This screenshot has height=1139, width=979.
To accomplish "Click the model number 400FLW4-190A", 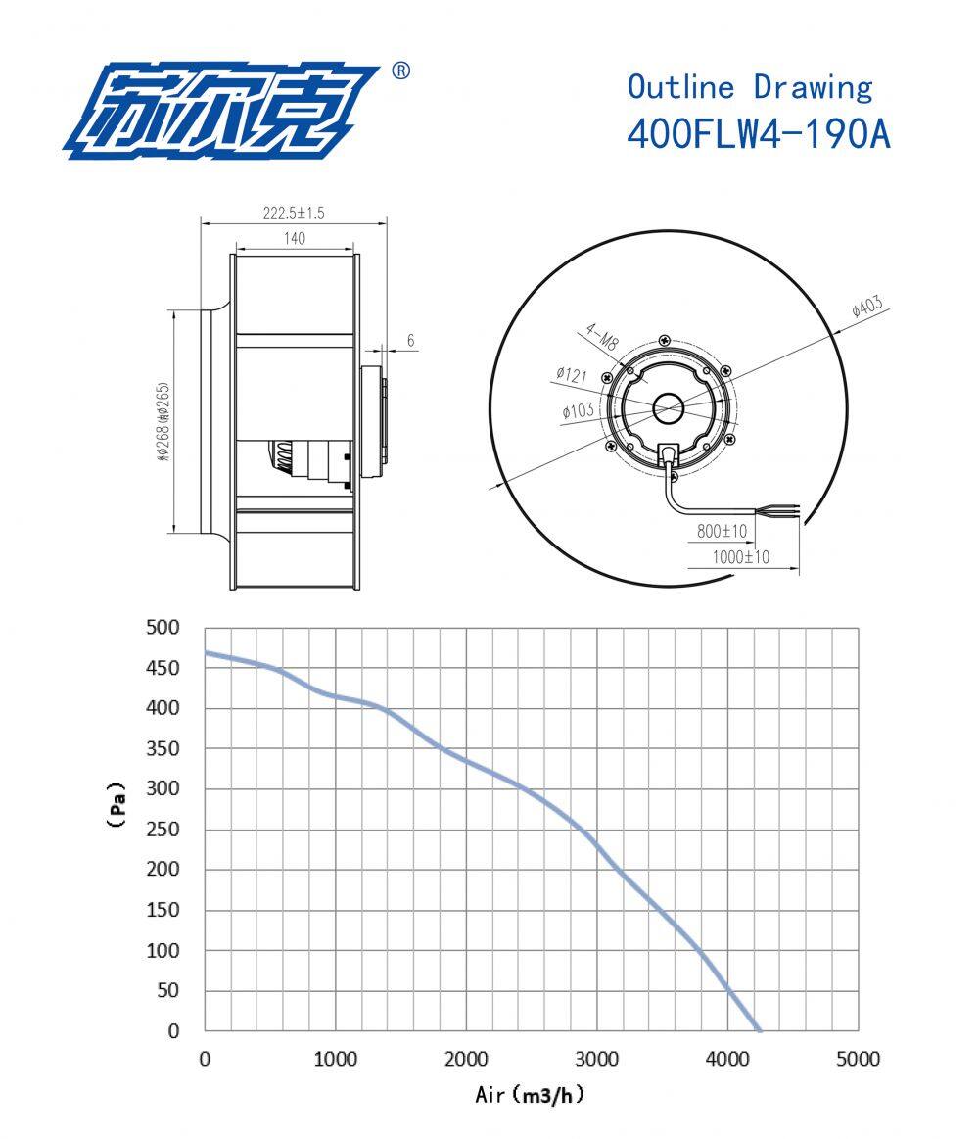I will pos(758,134).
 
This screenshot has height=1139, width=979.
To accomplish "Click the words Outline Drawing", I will pos(749,87).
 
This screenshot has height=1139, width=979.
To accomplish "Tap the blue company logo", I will pos(220,111).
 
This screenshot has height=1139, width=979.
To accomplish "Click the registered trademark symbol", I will pos(400,71).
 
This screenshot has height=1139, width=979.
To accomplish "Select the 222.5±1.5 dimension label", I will pos(293,213).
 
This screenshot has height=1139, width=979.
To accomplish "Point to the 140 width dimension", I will pos(294,238).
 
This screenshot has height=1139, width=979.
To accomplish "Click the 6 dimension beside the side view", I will pos(411,341).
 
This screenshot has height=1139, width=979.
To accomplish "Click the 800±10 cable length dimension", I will pos(723,532).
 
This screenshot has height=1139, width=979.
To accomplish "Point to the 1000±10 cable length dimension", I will pos(741,557).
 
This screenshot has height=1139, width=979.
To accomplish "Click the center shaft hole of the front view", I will pos(670,407).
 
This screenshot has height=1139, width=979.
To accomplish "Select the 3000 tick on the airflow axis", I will pos(597,1059).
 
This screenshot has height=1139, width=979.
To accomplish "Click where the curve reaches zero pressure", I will pos(759,1029).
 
